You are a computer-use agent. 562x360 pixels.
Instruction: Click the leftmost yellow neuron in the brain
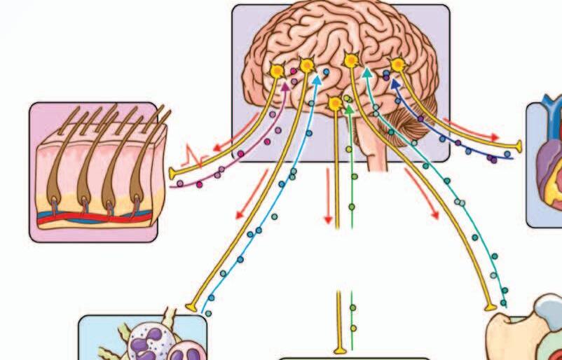pos(277,71)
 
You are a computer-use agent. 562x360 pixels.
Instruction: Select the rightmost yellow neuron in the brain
pos(398,65)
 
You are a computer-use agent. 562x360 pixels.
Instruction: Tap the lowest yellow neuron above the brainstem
pos(336,104)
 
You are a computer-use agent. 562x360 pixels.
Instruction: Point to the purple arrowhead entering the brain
pos(285,86)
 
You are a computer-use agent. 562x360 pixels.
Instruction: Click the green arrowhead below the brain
pos(348,106)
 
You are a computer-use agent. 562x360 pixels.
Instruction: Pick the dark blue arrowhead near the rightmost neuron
pos(393,82)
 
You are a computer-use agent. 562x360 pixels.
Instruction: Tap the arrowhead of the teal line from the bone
pos(366,71)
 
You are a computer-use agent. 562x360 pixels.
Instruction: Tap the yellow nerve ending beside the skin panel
pos(173,172)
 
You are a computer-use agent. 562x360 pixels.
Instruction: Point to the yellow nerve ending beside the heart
pos(519,146)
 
